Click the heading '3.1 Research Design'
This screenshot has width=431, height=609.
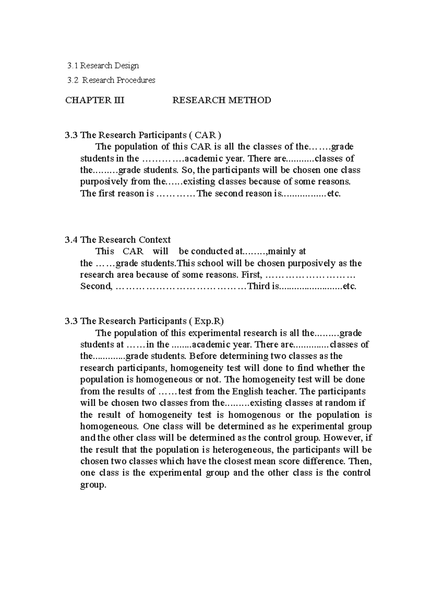[x=103, y=66]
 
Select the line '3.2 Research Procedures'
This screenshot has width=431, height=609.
[x=111, y=80]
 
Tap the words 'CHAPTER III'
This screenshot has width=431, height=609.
[x=94, y=100]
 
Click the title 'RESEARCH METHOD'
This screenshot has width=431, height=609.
[x=222, y=100]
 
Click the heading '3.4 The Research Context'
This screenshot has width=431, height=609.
[x=118, y=240]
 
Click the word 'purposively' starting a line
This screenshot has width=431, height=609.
[x=104, y=181]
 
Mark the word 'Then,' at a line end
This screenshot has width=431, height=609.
[x=360, y=461]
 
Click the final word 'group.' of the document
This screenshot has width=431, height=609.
[x=93, y=485]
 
